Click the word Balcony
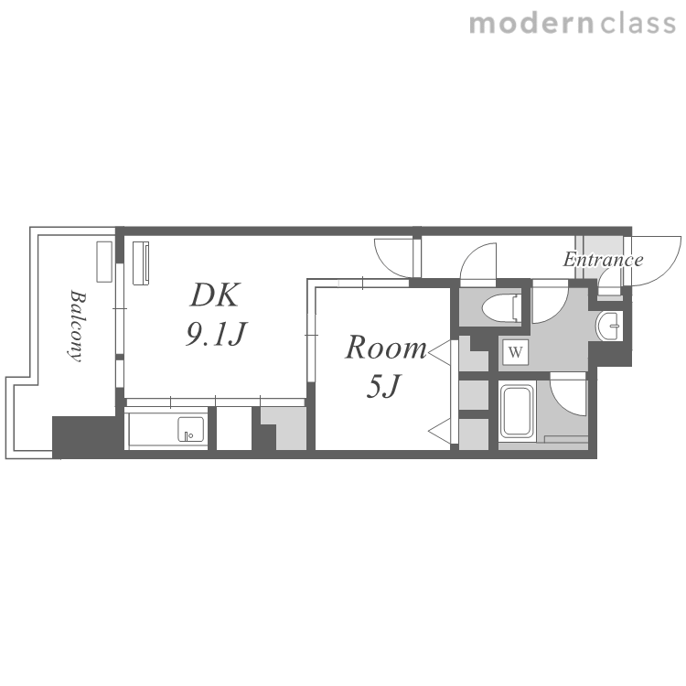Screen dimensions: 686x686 pos(77,325)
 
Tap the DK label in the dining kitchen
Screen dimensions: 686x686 pos(215,295)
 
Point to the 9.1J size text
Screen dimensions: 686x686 pos(216,333)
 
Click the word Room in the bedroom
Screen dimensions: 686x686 pos(386,348)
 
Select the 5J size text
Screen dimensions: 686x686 pos(383,386)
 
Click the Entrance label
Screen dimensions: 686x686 pos(603,260)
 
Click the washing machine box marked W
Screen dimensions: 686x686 pos(516,352)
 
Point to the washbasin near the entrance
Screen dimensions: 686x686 pos(608,326)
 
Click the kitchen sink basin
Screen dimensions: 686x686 pos(191,429)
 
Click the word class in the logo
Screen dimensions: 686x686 pos(638,23)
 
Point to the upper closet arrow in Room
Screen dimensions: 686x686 pos(440,351)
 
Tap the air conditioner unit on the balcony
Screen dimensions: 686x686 pos(104,262)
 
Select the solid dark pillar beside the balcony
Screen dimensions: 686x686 pos(85,436)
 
